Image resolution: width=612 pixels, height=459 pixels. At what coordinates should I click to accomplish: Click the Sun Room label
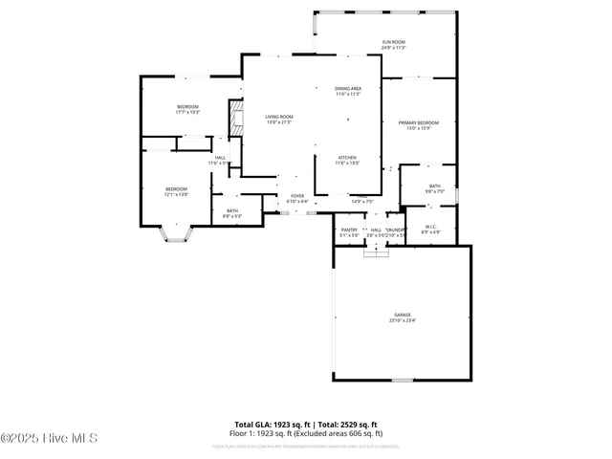394,41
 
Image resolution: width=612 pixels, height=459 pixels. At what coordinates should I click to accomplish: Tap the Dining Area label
347,88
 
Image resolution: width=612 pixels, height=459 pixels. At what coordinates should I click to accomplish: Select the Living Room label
278,117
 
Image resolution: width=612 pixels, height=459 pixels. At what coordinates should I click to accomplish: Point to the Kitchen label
347,157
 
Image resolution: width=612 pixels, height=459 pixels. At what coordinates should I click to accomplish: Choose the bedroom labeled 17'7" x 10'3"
187,106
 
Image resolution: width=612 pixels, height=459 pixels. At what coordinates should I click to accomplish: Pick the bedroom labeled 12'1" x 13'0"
175,188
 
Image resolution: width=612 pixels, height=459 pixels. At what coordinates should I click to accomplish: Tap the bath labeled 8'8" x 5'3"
232,210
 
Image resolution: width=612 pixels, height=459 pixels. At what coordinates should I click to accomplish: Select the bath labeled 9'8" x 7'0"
435,186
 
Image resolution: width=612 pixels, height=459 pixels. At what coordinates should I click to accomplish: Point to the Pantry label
348,229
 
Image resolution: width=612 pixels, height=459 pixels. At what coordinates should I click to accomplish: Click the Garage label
403,315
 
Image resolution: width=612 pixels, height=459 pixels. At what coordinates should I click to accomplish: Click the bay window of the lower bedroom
175,234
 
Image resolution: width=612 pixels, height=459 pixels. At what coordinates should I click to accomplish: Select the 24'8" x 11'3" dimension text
394,47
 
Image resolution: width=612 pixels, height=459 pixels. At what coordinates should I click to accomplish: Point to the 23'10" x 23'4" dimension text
403,320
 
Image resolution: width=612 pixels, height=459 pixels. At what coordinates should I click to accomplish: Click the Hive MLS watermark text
49,438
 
